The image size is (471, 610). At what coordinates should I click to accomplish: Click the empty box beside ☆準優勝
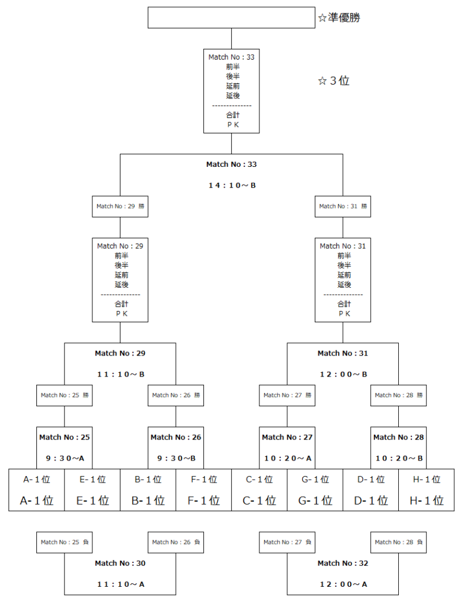point(231,17)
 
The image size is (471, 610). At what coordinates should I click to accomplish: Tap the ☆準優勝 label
point(339,18)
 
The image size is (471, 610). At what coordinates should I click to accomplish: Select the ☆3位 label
point(334,81)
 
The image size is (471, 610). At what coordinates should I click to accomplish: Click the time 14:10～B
point(231,185)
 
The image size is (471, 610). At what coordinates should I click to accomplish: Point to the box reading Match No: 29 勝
point(120,206)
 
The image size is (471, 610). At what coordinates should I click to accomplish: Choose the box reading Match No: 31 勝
point(343,206)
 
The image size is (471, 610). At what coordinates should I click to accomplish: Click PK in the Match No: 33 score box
point(231,125)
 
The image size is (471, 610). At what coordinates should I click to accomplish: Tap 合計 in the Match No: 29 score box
point(120,304)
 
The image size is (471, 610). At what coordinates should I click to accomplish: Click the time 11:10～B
point(120,374)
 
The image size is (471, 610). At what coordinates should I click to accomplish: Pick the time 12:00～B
point(343,374)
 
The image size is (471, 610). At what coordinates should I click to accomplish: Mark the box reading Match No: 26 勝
point(176,395)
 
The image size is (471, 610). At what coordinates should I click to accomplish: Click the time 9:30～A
point(65,458)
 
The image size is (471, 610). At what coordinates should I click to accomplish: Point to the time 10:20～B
point(398,458)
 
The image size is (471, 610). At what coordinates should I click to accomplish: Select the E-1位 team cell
point(92,490)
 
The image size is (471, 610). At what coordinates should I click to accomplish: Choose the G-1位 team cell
point(315,490)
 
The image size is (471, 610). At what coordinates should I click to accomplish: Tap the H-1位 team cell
point(426,490)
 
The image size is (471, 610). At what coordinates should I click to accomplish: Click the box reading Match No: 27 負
point(287,542)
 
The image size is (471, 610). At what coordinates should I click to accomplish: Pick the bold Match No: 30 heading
point(120,563)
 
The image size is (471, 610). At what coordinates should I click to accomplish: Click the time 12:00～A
point(343,584)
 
